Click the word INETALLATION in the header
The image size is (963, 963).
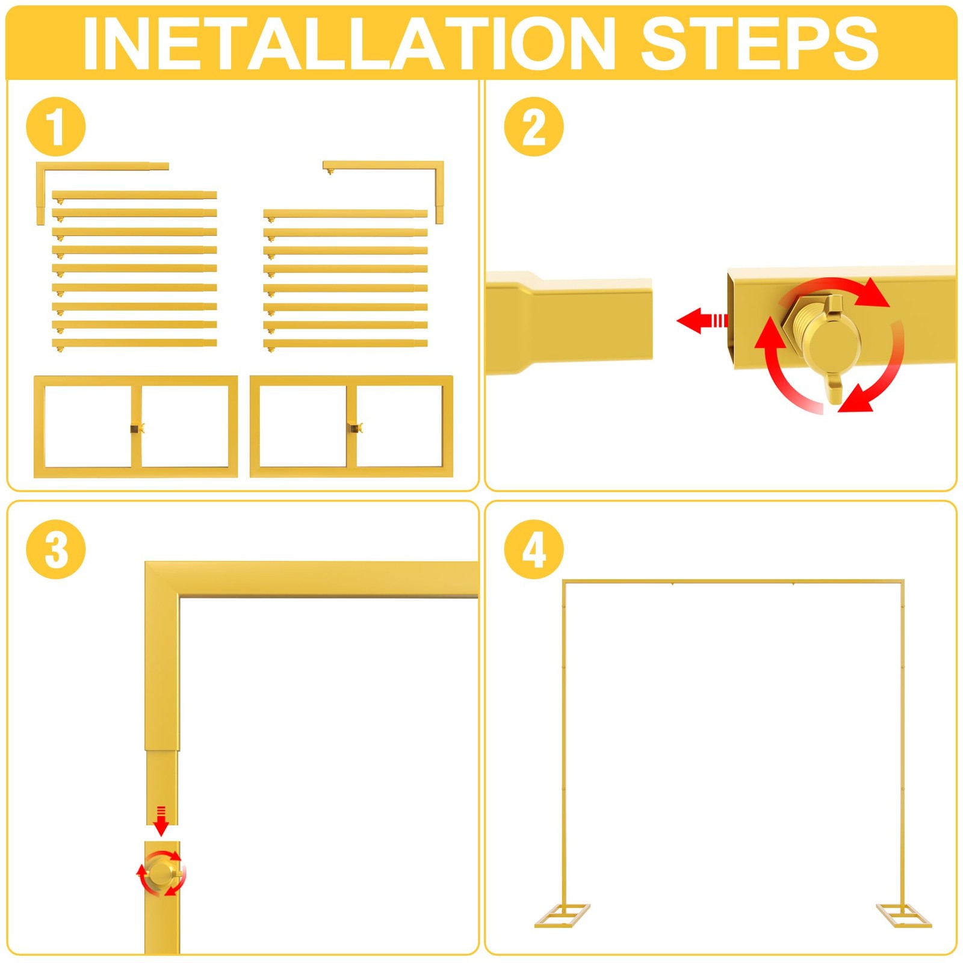pos(349,43)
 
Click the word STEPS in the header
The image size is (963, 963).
pos(760,43)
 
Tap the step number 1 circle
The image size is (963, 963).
pos(56,127)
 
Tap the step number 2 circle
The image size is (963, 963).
pos(534,127)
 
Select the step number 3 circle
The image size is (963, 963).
pos(56,550)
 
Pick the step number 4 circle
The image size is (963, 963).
pos(534,550)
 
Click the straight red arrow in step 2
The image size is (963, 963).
pos(702,321)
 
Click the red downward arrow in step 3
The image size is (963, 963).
pos(161,821)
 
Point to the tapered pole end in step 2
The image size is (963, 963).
pos(569,323)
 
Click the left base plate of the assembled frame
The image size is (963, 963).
pos(562,915)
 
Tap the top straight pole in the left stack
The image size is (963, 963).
pos(134,196)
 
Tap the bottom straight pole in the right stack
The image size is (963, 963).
pos(345,344)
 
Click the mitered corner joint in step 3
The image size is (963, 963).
pos(162,580)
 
